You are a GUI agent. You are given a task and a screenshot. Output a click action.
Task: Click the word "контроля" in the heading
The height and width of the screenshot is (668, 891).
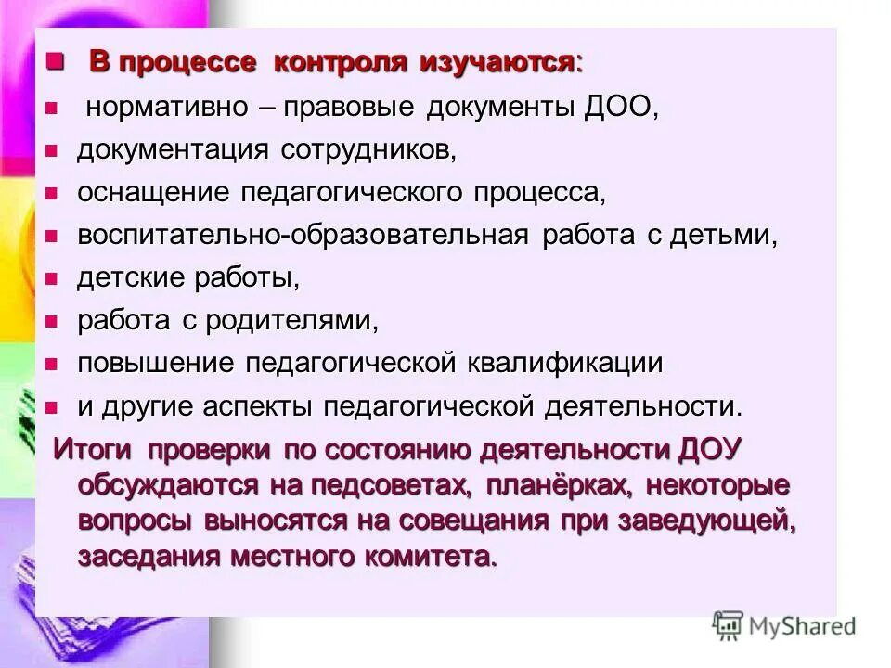[340, 63]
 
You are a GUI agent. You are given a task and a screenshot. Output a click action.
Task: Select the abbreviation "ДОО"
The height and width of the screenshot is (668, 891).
[619, 107]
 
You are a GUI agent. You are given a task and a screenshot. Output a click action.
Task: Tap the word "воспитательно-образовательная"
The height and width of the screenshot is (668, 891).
[303, 235]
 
